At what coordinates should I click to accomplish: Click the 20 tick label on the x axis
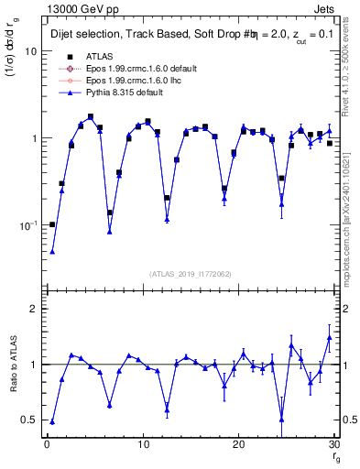coord(239,446)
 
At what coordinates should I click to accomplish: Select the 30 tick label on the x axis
coord(334,446)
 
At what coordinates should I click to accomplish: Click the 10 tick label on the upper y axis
coord(31,51)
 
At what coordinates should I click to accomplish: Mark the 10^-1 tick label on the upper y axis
coord(27,224)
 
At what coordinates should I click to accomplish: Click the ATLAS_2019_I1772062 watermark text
coord(191,274)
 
